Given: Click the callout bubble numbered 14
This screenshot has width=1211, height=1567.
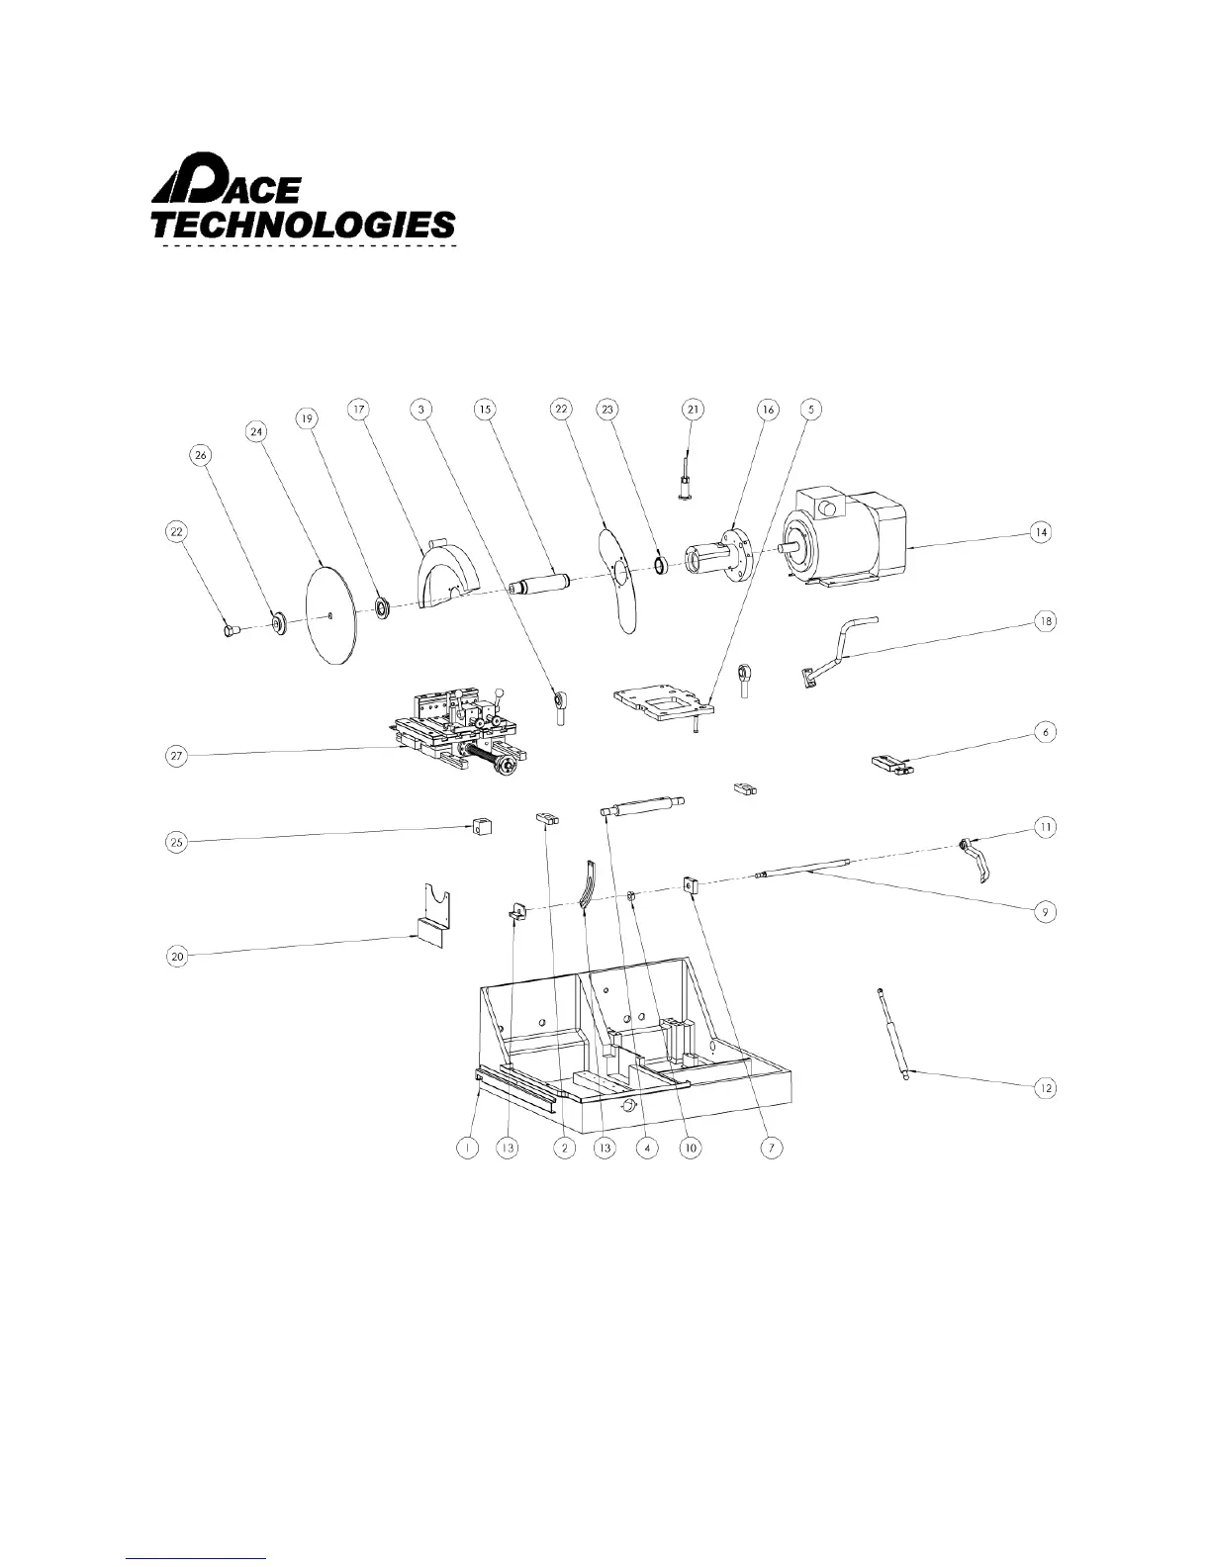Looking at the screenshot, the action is click(1040, 532).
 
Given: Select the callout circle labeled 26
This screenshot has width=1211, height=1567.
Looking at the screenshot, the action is click(201, 454).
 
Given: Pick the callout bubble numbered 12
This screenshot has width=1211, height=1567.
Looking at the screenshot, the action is click(1045, 1088).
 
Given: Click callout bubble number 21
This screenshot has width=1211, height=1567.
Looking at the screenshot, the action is click(693, 409).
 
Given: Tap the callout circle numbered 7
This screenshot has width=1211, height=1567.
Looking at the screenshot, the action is click(771, 1148).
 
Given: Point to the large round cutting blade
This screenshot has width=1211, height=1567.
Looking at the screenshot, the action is click(332, 613).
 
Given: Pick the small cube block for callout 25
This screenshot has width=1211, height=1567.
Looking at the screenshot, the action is click(481, 828).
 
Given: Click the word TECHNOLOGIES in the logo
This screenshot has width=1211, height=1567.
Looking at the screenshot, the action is click(303, 224).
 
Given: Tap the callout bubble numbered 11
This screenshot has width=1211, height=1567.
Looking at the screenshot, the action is click(1045, 825).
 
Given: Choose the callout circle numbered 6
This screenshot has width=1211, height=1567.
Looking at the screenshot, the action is click(1045, 732).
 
